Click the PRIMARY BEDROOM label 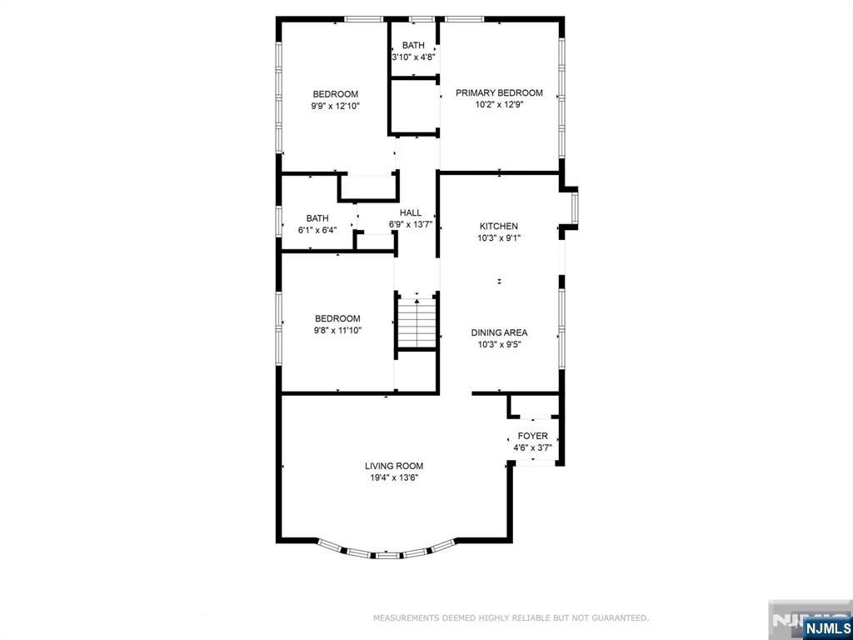(x=499, y=93)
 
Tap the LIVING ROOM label (x=394, y=466)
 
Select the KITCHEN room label (x=498, y=226)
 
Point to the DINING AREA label (x=499, y=332)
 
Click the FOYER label (x=532, y=437)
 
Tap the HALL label (x=410, y=212)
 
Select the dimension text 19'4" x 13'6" (x=394, y=477)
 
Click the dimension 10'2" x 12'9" (x=499, y=105)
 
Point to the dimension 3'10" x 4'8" (x=413, y=57)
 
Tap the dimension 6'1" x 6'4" (x=317, y=230)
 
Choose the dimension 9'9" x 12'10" (x=335, y=106)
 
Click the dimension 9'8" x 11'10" (x=337, y=330)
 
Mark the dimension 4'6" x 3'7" (x=532, y=448)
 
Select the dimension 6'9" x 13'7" (x=410, y=224)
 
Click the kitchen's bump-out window (x=574, y=207)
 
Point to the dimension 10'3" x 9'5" (x=499, y=344)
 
